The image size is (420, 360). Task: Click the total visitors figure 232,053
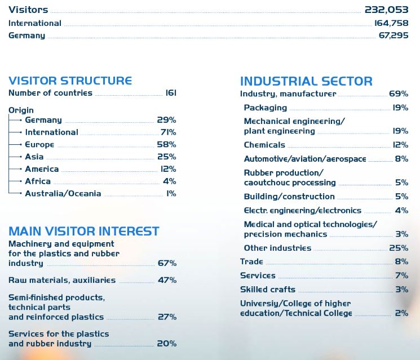click(x=386, y=10)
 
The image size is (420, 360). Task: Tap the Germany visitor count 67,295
click(x=394, y=35)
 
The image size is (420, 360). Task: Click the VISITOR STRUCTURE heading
click(x=70, y=81)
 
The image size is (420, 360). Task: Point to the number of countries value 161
click(x=170, y=93)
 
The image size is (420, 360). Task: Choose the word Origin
click(x=21, y=110)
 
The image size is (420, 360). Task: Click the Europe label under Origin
click(x=39, y=145)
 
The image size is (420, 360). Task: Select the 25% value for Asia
click(x=166, y=157)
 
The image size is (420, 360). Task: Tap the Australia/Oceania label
click(x=63, y=193)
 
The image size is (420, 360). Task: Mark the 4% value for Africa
click(x=169, y=181)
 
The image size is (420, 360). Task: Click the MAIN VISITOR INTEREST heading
click(x=83, y=231)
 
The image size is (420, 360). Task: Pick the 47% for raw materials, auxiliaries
click(x=167, y=280)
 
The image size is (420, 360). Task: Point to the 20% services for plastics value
click(x=167, y=344)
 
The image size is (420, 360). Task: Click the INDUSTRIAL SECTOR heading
click(x=306, y=81)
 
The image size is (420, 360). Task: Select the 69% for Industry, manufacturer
click(x=399, y=94)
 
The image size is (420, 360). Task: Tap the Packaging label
click(x=266, y=108)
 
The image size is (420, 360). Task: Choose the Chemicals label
click(x=264, y=145)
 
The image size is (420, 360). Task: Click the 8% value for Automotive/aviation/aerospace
click(x=401, y=159)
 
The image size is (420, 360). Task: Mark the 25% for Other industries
click(x=399, y=248)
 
